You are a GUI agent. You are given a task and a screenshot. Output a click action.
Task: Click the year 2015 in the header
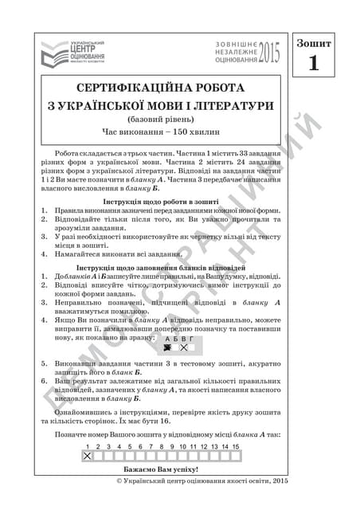(270, 53)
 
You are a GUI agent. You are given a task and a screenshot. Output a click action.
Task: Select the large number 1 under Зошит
(313, 63)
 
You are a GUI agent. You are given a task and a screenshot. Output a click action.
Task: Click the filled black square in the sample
(168, 347)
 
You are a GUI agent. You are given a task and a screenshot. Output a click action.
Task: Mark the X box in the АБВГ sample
(183, 347)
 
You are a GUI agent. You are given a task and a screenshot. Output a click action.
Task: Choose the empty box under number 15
(236, 456)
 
